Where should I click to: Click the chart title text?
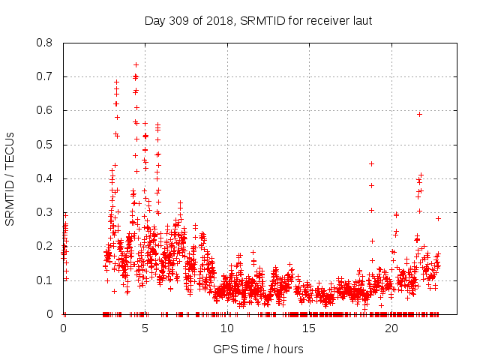(258, 20)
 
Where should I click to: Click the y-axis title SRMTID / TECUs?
(10, 178)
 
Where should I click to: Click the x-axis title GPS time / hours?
(258, 349)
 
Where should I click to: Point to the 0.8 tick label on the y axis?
(44, 43)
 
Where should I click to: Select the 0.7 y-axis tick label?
(44, 76)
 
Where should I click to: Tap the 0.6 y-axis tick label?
(44, 110)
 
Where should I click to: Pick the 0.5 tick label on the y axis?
(44, 145)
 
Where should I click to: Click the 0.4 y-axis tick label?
(44, 178)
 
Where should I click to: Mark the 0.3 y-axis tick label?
(44, 212)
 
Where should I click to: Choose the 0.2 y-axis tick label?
(44, 246)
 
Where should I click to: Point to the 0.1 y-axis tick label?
(44, 280)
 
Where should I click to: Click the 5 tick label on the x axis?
(145, 328)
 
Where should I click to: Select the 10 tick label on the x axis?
(227, 328)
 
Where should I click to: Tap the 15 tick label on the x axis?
(309, 328)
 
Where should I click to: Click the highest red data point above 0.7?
(136, 64)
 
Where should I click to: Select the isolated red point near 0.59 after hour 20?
(419, 114)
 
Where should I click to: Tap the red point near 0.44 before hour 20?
(371, 163)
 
